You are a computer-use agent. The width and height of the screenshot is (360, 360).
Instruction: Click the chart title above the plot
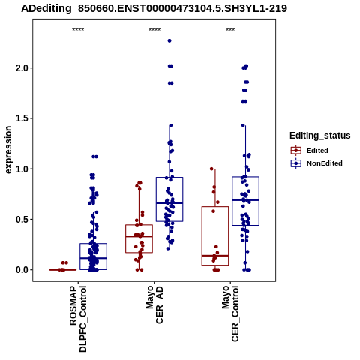tap(154, 8)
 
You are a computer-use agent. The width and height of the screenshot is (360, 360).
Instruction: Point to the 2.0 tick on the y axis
tap(22, 68)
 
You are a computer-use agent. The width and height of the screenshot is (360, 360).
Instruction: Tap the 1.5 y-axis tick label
tap(22, 118)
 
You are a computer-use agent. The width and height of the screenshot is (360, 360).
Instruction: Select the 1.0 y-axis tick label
tap(22, 169)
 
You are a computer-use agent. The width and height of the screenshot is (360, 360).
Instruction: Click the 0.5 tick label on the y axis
tap(22, 220)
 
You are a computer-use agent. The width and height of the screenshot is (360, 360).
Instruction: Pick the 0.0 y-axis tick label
tap(22, 270)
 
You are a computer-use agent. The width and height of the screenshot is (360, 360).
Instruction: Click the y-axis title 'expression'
tap(8, 150)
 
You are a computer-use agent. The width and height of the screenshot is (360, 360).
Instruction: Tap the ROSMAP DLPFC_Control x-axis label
tap(78, 319)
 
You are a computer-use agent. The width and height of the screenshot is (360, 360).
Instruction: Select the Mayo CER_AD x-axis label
tap(154, 304)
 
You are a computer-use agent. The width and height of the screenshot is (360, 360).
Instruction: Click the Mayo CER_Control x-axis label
tap(230, 313)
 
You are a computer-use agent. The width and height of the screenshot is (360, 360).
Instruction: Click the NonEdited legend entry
tap(316, 163)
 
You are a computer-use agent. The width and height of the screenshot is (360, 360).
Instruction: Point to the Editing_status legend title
tap(320, 136)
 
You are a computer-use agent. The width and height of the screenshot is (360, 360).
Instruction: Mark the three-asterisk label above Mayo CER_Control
tap(230, 29)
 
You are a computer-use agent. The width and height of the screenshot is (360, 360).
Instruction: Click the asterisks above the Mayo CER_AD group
tap(154, 29)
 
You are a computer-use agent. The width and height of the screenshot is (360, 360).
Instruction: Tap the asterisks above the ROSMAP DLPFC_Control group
tap(78, 29)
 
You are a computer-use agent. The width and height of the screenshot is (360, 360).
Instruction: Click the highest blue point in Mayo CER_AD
tap(169, 40)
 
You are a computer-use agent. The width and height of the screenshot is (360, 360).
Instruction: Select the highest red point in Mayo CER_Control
tap(211, 169)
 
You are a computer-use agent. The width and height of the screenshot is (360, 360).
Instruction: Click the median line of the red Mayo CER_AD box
tap(139, 236)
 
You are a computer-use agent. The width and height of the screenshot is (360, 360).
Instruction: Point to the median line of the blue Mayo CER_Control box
tap(245, 200)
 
